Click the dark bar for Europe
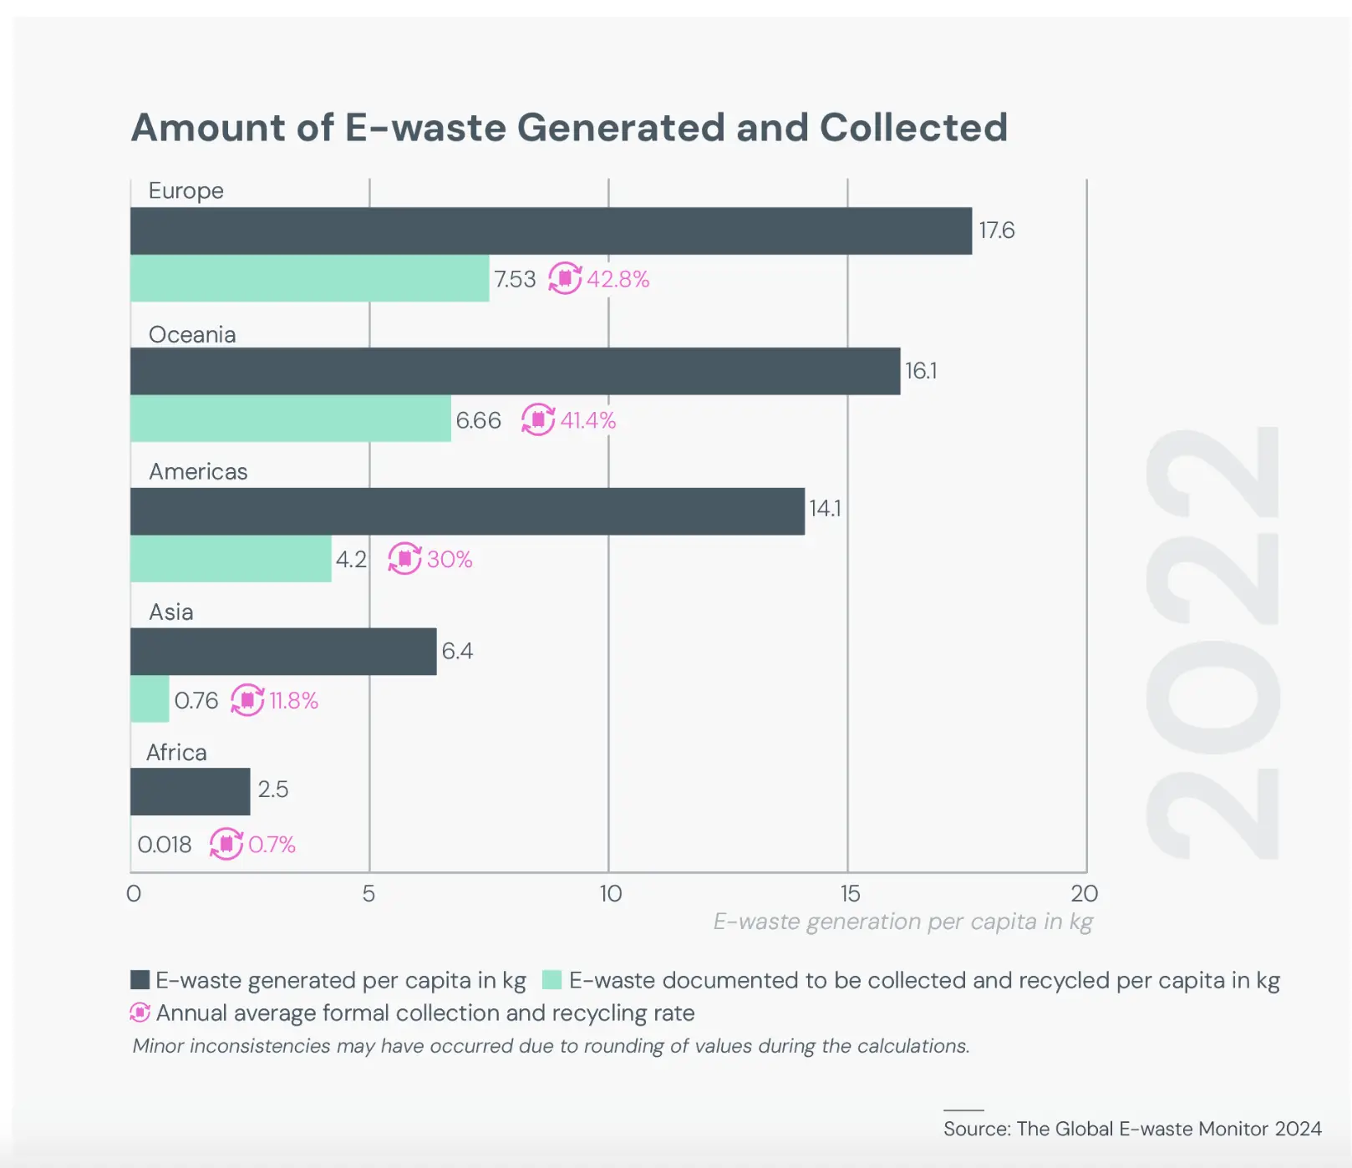[x=551, y=231]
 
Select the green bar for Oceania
[x=290, y=419]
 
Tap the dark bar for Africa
[x=190, y=791]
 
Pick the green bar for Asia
[x=150, y=698]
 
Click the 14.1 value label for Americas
[x=825, y=509]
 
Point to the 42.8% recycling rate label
[x=618, y=279]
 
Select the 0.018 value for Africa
[x=164, y=845]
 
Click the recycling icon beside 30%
[x=404, y=558]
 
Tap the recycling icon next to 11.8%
[x=247, y=699]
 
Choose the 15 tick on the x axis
[x=850, y=894]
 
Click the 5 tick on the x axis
[x=368, y=894]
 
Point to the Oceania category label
[x=192, y=334]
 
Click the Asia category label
[x=171, y=612]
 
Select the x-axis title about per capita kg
[x=902, y=922]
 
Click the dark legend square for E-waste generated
[x=140, y=979]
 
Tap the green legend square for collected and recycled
[x=551, y=979]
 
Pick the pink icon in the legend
[x=140, y=1013]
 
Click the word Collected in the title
[x=913, y=128]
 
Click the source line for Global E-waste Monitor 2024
[x=1132, y=1129]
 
